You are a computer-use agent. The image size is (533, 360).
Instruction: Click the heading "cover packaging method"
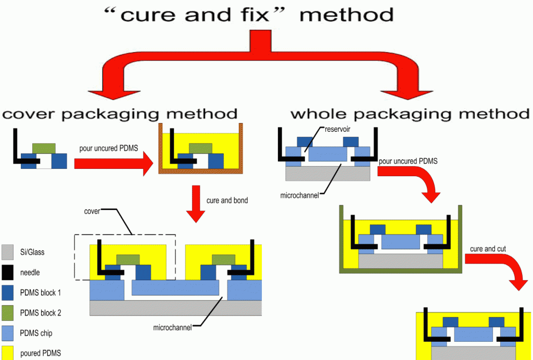[120, 113]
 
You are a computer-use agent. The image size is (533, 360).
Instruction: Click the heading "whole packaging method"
[410, 113]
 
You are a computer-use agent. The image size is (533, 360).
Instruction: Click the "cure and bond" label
[227, 201]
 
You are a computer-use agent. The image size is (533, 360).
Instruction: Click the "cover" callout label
[92, 212]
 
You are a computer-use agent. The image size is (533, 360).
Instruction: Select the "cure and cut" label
[487, 249]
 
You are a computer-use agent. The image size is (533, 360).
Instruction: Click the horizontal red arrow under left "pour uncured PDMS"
[112, 164]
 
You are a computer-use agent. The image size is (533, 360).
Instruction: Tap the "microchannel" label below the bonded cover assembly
[172, 327]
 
